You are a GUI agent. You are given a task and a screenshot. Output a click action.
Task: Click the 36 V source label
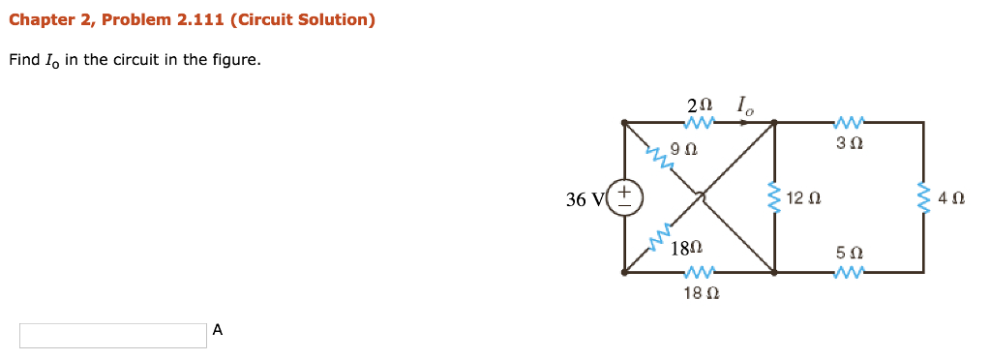(585, 199)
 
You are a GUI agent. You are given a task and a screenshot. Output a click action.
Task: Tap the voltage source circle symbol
(624, 198)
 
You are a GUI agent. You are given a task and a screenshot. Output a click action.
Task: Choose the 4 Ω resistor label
(952, 199)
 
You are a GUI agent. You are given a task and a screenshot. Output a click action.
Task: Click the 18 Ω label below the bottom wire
(698, 291)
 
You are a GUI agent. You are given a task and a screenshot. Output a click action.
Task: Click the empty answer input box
(112, 335)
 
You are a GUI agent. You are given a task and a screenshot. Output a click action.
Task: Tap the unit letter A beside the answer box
(218, 330)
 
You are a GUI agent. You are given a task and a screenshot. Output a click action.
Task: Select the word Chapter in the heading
(40, 20)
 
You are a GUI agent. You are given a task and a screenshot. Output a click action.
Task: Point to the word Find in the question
(23, 60)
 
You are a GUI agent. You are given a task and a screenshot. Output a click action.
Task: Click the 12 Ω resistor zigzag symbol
(774, 198)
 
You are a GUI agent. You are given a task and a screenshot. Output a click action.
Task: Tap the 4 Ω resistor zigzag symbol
(923, 198)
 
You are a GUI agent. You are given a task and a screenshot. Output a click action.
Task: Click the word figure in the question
(236, 60)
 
